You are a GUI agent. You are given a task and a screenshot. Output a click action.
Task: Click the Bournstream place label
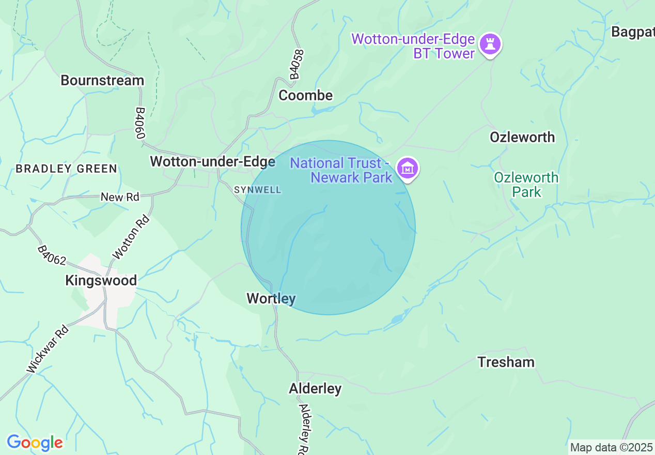click(x=102, y=81)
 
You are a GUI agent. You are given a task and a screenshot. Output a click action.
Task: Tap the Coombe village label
click(x=306, y=96)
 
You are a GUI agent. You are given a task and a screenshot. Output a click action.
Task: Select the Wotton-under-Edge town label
click(x=212, y=162)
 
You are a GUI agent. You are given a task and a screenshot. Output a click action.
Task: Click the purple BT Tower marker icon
click(x=490, y=44)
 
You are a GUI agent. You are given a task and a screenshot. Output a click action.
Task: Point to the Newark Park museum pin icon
click(x=408, y=168)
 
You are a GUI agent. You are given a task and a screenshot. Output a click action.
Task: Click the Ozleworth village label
click(x=522, y=138)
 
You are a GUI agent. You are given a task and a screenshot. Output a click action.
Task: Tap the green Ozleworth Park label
click(x=526, y=185)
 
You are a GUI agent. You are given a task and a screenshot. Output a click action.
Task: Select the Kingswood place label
click(x=101, y=281)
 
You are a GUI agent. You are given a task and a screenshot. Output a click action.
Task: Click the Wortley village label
click(x=271, y=299)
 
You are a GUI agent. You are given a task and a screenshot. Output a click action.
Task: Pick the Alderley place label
click(x=315, y=389)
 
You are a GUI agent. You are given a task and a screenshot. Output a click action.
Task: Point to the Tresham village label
click(x=506, y=362)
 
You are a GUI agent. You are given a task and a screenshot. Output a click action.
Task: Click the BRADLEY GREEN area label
click(x=66, y=169)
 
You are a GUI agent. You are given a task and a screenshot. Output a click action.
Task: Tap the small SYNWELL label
click(x=258, y=190)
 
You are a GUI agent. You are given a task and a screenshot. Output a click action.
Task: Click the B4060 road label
click(x=139, y=123)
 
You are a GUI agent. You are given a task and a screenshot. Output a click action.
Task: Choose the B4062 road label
click(x=51, y=255)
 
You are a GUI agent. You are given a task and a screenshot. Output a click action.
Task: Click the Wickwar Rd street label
click(x=48, y=349)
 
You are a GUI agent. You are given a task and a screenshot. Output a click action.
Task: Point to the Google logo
click(x=35, y=443)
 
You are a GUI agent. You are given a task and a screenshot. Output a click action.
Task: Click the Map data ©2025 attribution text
click(x=611, y=447)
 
